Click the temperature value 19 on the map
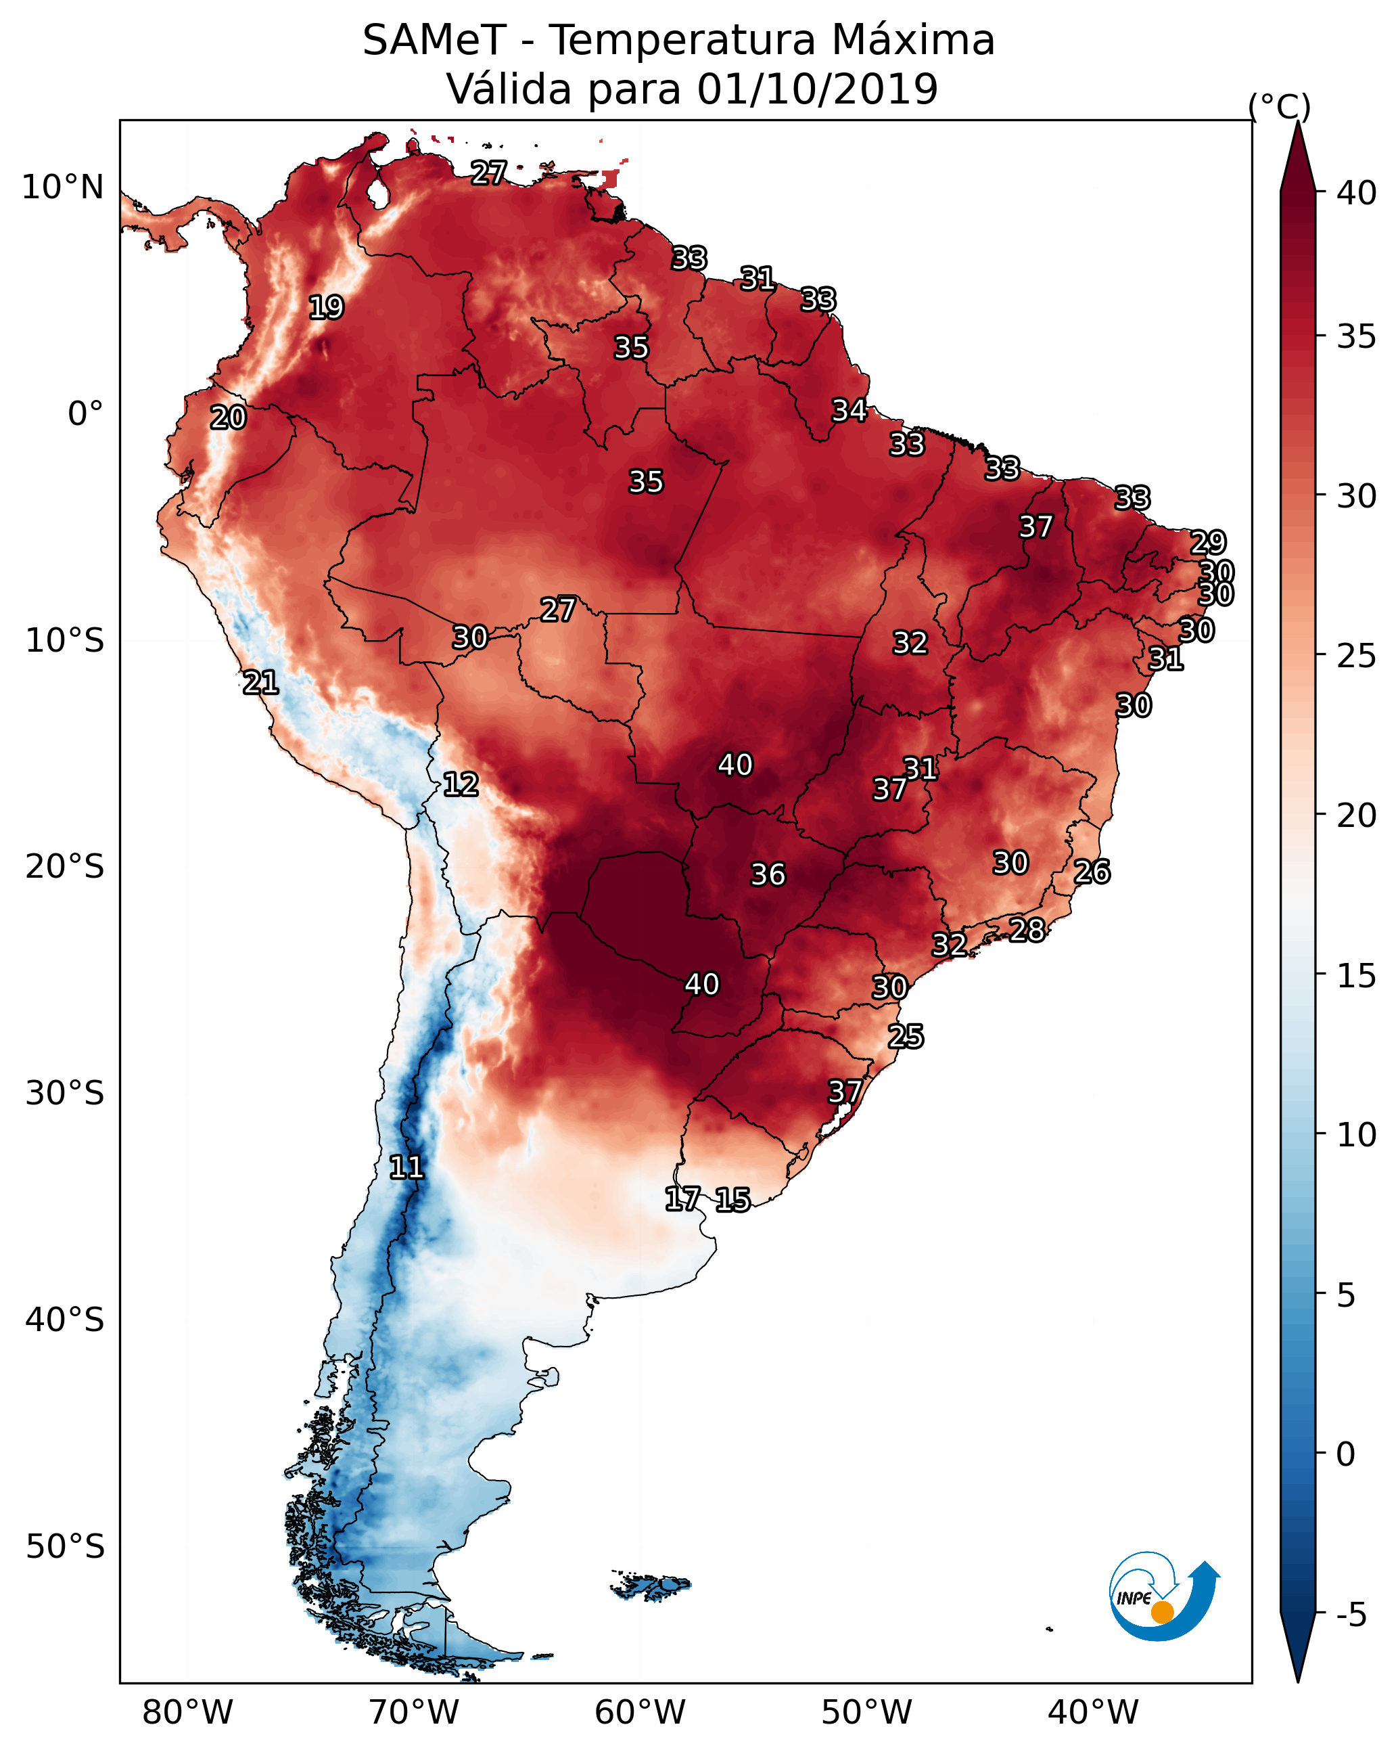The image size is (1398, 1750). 326,308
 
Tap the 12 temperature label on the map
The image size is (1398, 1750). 461,784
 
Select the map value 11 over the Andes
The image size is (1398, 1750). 406,1167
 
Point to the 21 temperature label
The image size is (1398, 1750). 260,683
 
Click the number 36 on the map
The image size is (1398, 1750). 768,874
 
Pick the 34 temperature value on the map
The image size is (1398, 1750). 849,410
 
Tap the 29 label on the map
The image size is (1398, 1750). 1208,541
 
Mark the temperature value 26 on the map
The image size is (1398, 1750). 1092,872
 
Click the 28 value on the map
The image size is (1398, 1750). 1027,929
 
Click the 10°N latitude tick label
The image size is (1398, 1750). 62,187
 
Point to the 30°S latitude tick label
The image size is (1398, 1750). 65,1094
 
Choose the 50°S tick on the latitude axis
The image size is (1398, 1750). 65,1546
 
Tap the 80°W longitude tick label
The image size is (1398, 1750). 187,1713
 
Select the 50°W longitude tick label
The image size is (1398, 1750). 866,1713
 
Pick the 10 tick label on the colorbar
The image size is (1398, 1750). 1357,1135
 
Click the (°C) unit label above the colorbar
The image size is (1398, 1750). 1280,106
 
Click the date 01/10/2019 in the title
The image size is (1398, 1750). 818,89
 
